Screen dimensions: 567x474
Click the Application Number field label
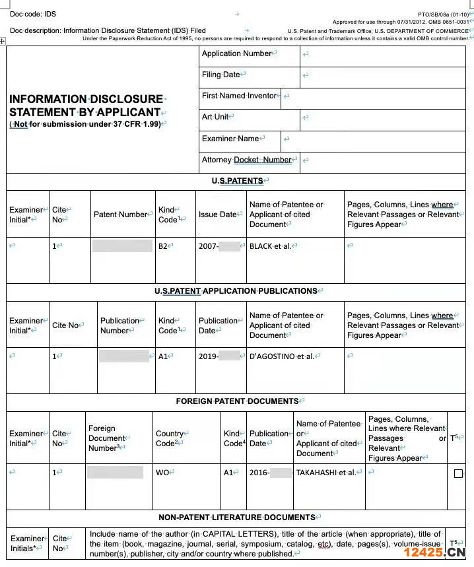point(236,53)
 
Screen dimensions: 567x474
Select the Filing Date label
point(221,75)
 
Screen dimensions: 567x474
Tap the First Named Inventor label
point(239,96)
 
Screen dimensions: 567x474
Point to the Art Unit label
point(215,117)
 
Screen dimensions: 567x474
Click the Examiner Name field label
point(230,139)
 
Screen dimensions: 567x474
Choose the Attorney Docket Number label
point(246,160)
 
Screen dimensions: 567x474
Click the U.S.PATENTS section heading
point(237,181)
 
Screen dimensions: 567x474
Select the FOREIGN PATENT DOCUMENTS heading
point(237,401)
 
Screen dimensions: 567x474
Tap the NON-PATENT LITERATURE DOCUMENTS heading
point(237,517)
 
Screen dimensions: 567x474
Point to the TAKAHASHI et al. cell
point(325,473)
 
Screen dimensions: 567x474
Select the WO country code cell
point(162,473)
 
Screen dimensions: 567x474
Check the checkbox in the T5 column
point(459,473)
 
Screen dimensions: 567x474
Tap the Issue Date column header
point(217,215)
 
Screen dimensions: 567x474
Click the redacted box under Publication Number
point(124,356)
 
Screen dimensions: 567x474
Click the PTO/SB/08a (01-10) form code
point(443,14)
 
